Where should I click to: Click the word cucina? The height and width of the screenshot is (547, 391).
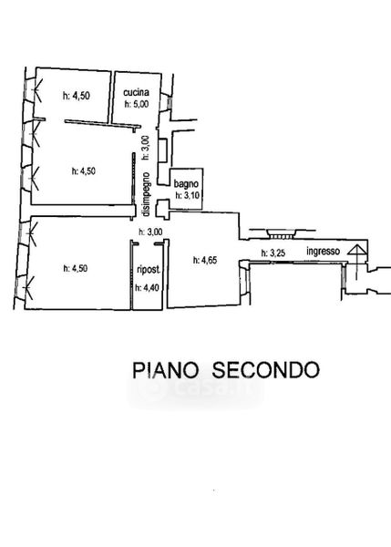click(136, 92)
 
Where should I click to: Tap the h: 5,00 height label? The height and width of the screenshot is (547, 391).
click(137, 104)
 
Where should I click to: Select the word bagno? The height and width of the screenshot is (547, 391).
click(186, 184)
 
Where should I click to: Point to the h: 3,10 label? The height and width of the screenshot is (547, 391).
click(188, 195)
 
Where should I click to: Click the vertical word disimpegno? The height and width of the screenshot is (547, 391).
click(146, 194)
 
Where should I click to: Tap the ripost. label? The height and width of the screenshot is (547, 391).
click(149, 270)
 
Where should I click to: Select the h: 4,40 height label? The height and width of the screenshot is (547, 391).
click(147, 287)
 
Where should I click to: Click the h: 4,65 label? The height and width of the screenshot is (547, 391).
click(205, 260)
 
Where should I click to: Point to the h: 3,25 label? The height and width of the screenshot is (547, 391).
click(273, 253)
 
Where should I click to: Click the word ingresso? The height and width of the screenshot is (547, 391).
click(323, 251)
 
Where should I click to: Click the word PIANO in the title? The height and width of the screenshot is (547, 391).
click(165, 370)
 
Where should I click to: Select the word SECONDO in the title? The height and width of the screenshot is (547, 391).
click(266, 370)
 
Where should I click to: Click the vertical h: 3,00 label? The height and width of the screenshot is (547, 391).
click(146, 148)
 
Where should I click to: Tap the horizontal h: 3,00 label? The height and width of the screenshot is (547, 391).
click(150, 232)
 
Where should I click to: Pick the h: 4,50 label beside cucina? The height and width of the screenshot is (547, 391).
click(77, 95)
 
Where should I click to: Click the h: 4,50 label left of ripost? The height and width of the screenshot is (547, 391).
click(76, 268)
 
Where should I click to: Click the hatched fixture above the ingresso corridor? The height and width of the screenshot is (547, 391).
click(281, 233)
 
